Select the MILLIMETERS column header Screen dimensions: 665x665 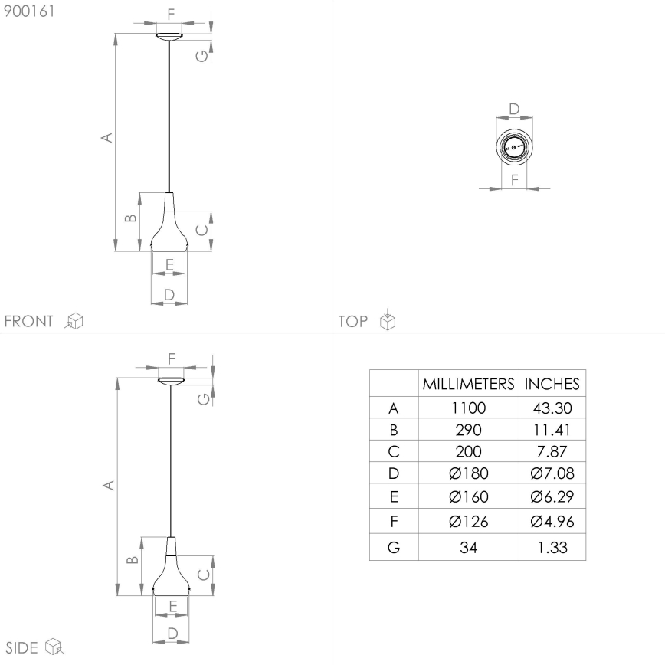467,384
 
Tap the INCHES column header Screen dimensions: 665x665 551,384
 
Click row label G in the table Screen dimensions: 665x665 393,549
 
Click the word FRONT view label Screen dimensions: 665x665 29,321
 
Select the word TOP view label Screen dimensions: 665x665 353,321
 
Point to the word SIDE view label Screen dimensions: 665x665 22,648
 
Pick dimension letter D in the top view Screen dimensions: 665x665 514,109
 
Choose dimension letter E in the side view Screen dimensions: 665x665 173,606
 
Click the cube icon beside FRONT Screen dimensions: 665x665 74,321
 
